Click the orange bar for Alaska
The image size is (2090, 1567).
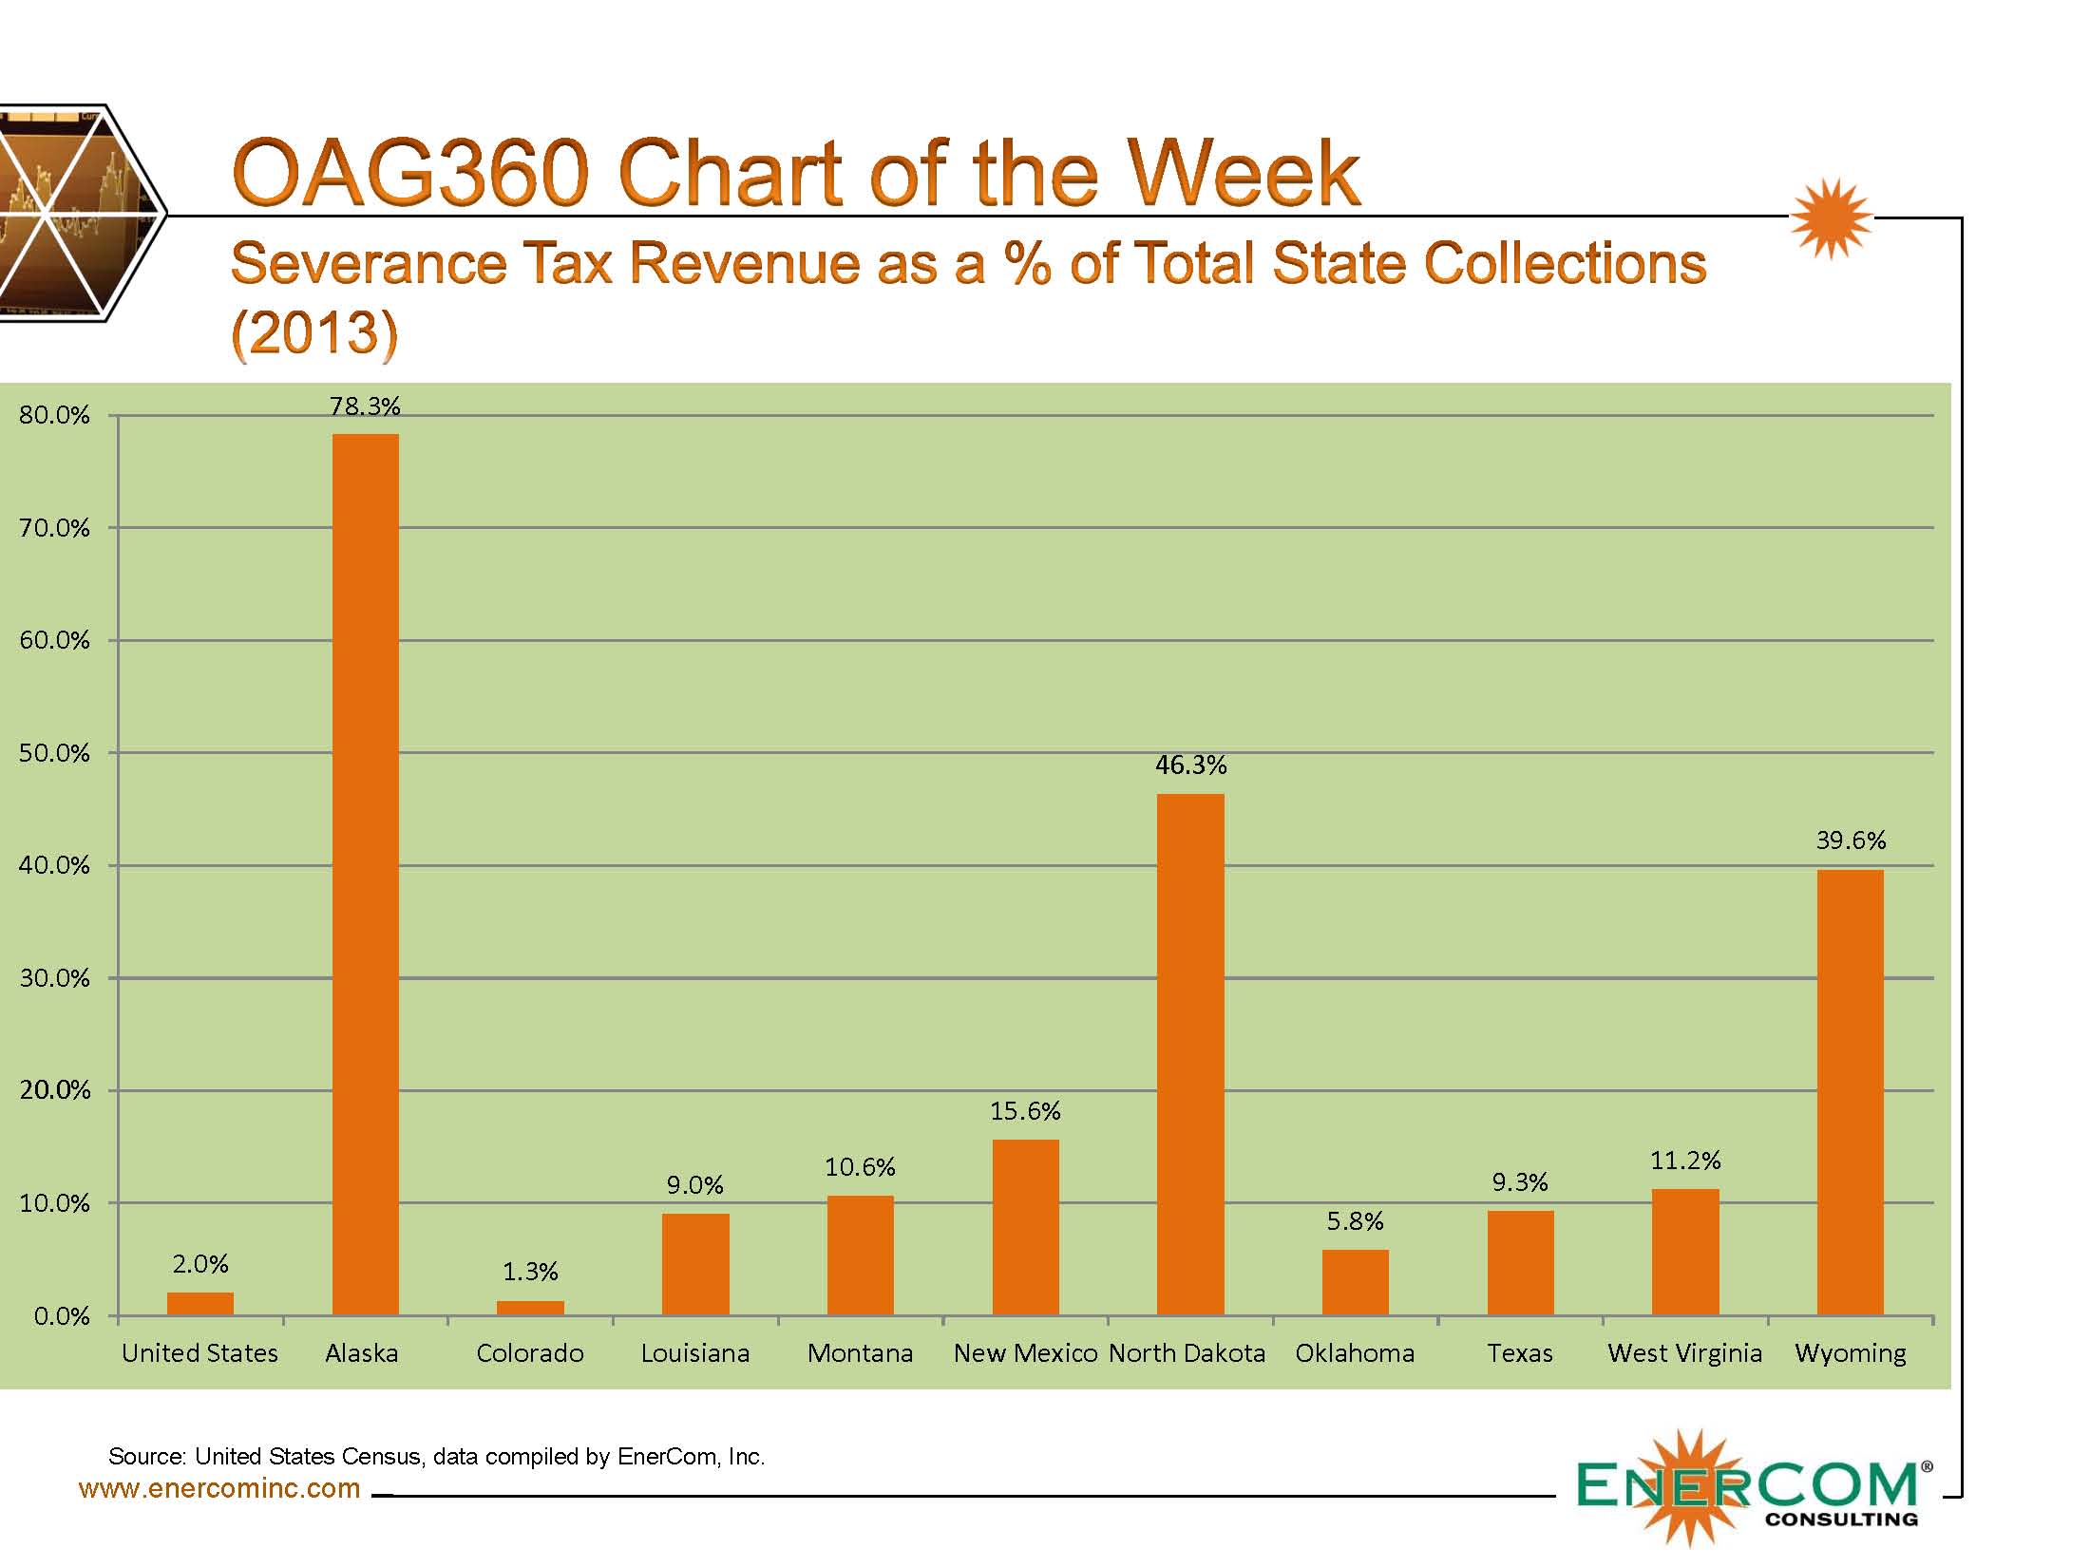365,874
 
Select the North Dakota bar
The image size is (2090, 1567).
1190,1054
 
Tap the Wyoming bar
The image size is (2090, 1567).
1850,1092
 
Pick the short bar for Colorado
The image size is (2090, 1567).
530,1308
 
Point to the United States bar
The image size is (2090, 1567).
200,1304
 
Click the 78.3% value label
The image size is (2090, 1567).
365,406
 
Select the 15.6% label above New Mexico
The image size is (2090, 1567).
1025,1111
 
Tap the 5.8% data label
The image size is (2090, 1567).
1355,1221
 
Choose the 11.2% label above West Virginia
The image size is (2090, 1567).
1685,1161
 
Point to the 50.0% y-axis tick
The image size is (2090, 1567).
54,753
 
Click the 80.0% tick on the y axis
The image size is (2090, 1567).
54,415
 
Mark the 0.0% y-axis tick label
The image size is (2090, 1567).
61,1316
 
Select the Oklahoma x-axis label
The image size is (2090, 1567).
1355,1353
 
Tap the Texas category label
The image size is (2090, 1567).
1520,1353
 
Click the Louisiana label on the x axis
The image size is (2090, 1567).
695,1353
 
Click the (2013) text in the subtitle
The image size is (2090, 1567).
314,332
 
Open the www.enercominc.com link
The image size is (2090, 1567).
219,1488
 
